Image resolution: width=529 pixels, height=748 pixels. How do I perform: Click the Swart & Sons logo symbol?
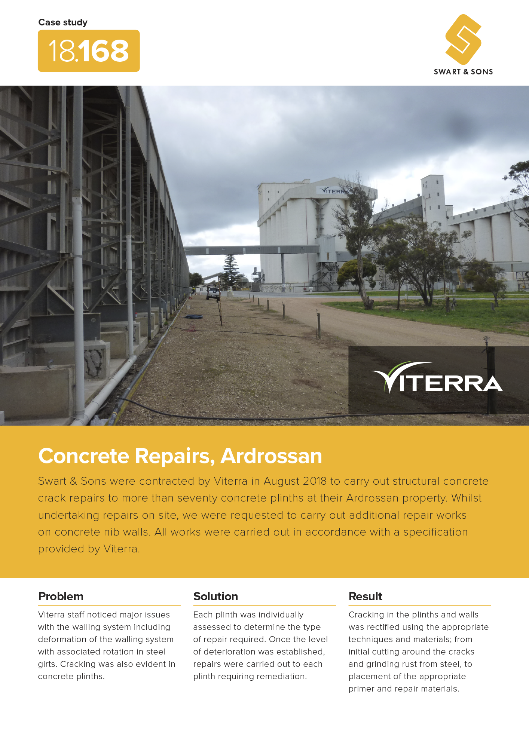[x=463, y=39]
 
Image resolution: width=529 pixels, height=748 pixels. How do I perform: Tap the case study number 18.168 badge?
[x=89, y=51]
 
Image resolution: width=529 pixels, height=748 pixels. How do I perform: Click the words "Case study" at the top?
[x=63, y=22]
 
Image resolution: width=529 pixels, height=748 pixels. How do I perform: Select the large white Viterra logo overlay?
[x=437, y=377]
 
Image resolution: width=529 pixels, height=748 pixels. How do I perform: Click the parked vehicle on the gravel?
[x=213, y=294]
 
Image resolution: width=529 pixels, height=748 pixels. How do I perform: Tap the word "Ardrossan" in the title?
[x=271, y=456]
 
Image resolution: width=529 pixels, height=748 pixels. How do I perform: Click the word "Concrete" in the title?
[x=84, y=456]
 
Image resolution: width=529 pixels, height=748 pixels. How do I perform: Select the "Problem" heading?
[x=61, y=596]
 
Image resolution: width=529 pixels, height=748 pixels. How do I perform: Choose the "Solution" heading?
[x=215, y=596]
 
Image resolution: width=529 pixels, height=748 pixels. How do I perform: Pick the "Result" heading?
[x=366, y=596]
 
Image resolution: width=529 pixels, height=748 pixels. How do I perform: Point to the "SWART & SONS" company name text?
[x=463, y=72]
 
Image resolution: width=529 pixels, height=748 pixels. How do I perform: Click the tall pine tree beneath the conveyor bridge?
[x=230, y=271]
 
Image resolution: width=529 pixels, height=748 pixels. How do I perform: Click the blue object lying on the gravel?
[x=194, y=317]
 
